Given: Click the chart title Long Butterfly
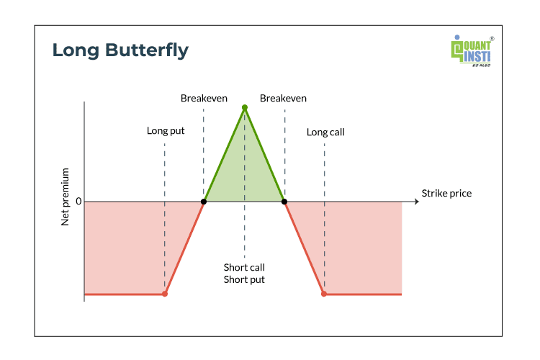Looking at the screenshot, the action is [120, 50].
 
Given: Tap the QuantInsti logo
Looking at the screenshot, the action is [472, 50].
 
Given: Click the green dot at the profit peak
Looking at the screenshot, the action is [245, 108].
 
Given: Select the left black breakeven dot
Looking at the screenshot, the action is [204, 202].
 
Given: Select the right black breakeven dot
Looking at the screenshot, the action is [284, 202].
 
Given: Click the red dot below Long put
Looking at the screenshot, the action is [165, 294].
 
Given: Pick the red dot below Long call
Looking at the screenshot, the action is [324, 294].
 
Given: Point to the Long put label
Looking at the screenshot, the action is [166, 131].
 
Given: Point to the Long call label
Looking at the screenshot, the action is [325, 132].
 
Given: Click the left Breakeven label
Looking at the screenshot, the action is [204, 99].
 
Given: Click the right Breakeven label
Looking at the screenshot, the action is [283, 99].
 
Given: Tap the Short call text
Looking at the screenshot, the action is [244, 267].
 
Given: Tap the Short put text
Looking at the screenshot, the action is [244, 279].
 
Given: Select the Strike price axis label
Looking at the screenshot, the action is [446, 194].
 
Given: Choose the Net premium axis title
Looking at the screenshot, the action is [65, 197].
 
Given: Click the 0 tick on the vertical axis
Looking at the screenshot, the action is [78, 201].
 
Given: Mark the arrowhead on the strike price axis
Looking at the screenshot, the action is [417, 202].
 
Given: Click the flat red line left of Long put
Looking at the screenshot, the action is [125, 294].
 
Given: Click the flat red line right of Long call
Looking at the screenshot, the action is [363, 294].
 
